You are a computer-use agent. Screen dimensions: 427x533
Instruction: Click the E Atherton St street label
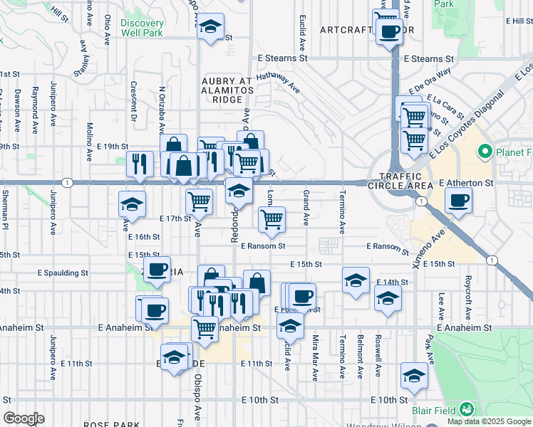pos(466,183)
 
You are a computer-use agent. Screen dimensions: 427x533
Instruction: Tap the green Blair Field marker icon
pos(466,409)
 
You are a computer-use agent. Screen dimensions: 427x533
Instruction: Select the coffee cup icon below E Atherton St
pos(457,200)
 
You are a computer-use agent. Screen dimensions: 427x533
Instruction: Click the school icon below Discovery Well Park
pos(209,27)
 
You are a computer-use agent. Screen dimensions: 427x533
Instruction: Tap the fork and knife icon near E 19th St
pos(140,164)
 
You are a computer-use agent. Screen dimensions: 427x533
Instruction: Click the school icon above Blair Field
pos(413,375)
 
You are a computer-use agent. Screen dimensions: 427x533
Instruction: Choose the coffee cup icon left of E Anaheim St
pos(154,310)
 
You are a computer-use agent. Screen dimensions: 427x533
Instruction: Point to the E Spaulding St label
pos(63,273)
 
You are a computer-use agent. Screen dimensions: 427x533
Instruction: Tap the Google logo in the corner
pos(24,418)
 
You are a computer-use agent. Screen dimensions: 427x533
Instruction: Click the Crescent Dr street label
pos(133,90)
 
